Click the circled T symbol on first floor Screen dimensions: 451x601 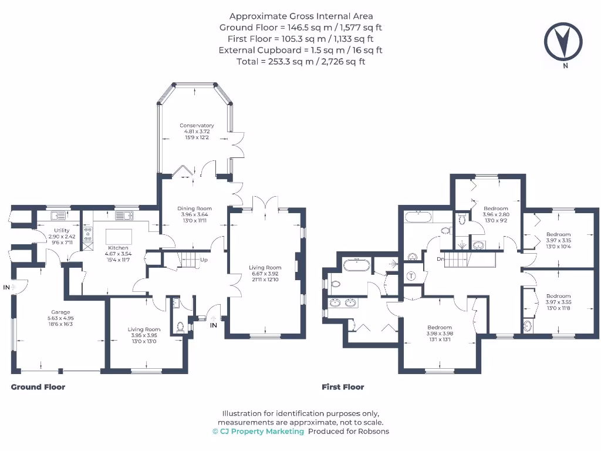coord(411,276)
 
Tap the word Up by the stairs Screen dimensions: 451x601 coord(204,260)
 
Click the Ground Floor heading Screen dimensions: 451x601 coord(38,387)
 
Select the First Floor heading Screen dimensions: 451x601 coord(343,387)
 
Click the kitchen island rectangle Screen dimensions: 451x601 coord(119,235)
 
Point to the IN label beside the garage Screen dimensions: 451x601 coord(6,287)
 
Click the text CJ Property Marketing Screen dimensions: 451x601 coord(262,431)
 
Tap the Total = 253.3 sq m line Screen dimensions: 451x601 coord(300,61)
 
